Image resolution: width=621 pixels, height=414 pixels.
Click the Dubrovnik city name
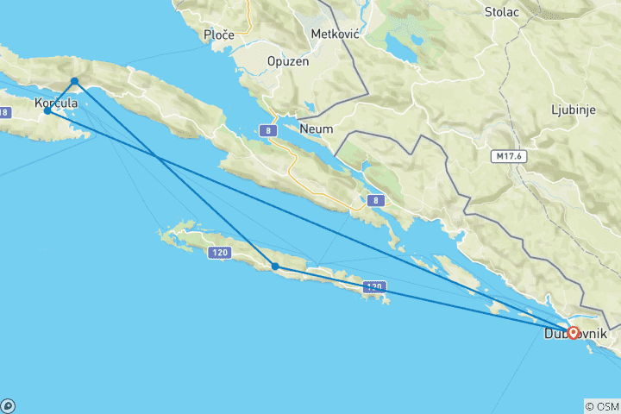point(575,334)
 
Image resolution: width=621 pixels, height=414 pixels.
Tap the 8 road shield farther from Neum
point(374,200)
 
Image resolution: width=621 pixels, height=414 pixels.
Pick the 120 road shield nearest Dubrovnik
point(373,286)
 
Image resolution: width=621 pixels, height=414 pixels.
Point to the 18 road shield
point(5,112)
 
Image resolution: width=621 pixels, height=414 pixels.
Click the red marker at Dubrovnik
point(574,332)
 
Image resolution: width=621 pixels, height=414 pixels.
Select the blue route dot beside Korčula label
point(47,110)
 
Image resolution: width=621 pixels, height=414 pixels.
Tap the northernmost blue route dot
point(75,81)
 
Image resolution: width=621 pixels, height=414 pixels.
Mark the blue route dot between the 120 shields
point(275,267)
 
